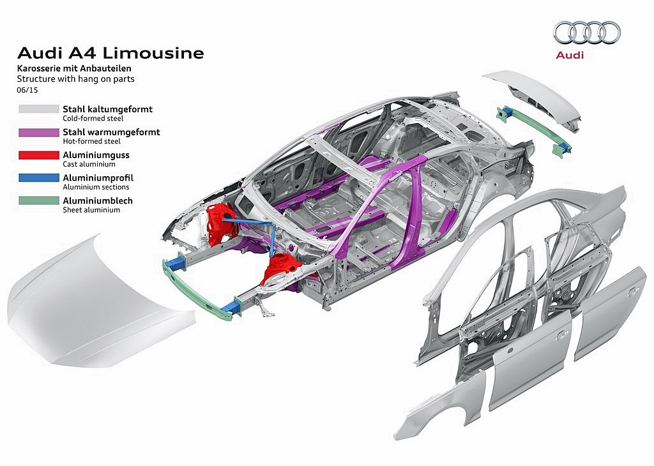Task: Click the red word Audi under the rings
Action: tap(570, 55)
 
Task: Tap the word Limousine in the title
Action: tap(153, 53)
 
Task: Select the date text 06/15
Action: tap(27, 89)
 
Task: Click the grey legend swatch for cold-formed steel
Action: tap(39, 109)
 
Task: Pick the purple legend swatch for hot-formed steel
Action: tap(39, 133)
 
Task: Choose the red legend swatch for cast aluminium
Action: tap(39, 155)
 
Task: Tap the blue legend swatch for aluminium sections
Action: tap(39, 178)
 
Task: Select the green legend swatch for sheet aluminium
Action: tap(39, 200)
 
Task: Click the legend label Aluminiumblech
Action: tap(98, 200)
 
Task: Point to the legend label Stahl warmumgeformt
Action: tap(111, 132)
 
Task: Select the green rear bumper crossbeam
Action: tap(532, 128)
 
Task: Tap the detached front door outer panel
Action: tap(529, 361)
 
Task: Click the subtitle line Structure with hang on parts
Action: tap(75, 79)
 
